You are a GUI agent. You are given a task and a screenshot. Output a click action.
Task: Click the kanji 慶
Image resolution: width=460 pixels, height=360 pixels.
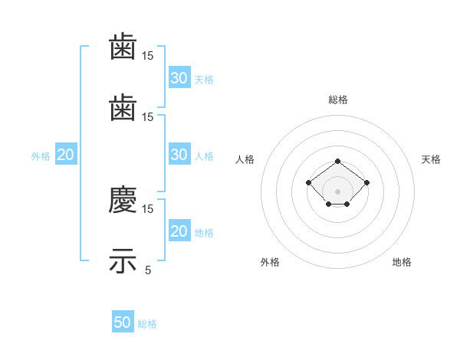click(x=123, y=199)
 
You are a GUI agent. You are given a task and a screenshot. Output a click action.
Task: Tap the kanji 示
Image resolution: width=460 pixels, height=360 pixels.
click(x=123, y=260)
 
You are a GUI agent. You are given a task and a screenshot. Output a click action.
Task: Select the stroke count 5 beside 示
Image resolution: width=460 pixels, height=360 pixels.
click(x=148, y=270)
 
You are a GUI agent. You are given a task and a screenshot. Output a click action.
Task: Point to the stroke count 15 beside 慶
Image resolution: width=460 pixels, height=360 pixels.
click(x=147, y=209)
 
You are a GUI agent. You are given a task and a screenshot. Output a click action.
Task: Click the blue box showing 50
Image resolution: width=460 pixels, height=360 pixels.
click(x=123, y=321)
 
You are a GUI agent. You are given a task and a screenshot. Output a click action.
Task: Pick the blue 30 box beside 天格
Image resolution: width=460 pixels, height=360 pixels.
click(x=179, y=77)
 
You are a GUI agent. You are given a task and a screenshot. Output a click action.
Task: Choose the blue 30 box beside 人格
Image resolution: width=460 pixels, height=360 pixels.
click(x=179, y=154)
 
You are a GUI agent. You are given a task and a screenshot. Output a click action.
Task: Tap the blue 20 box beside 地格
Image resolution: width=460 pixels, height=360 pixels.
click(x=179, y=230)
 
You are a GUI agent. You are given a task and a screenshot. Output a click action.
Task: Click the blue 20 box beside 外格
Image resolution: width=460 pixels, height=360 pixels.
click(x=66, y=154)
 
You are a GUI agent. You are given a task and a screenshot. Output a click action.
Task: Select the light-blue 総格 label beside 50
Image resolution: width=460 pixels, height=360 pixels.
click(x=147, y=324)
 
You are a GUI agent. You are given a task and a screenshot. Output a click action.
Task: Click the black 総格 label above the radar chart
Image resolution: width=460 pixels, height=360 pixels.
click(x=338, y=100)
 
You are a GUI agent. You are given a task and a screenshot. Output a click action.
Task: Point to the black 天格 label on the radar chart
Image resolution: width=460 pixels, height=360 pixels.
click(x=431, y=159)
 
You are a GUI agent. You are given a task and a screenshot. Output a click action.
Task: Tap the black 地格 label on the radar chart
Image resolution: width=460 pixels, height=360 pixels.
click(x=402, y=262)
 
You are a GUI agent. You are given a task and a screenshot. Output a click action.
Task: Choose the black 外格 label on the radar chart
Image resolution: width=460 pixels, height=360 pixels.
click(x=270, y=262)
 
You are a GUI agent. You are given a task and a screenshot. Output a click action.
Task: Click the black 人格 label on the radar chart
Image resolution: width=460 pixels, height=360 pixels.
click(x=245, y=159)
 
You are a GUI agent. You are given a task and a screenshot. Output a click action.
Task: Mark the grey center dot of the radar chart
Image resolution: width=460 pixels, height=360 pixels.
click(x=337, y=191)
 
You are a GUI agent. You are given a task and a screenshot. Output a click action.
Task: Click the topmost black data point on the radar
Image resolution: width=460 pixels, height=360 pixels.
click(x=337, y=162)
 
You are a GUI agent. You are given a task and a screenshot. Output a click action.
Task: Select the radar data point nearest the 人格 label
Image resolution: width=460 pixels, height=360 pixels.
click(x=309, y=182)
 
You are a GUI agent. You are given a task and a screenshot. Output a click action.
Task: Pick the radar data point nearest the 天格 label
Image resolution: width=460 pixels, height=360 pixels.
click(x=366, y=182)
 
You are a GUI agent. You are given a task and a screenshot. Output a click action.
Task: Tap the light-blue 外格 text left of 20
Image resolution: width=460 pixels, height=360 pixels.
click(x=41, y=156)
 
